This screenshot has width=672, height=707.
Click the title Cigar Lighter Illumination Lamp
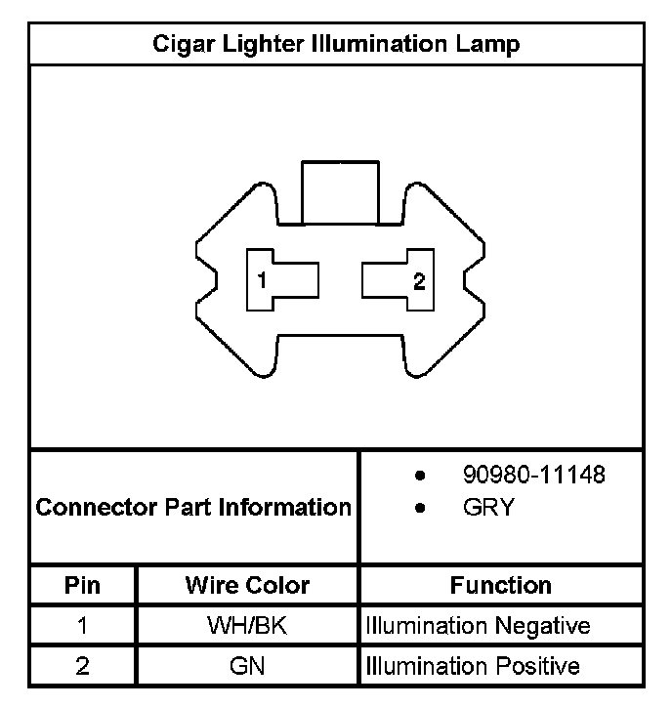(336, 44)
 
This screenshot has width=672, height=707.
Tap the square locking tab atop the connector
(338, 193)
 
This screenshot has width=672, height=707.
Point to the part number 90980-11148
(533, 476)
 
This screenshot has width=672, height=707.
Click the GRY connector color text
(488, 508)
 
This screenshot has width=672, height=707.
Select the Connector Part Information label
(193, 508)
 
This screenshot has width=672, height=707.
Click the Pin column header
(83, 586)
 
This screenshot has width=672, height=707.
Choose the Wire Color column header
(247, 586)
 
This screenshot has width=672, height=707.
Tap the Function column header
(501, 586)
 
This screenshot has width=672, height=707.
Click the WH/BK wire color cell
(247, 626)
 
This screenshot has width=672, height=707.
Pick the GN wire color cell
(247, 667)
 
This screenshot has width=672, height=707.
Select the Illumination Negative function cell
(478, 626)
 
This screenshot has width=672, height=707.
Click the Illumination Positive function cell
(473, 667)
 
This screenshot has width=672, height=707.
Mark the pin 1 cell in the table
(83, 626)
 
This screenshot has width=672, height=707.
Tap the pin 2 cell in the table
(83, 667)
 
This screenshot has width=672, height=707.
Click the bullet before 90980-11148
(420, 477)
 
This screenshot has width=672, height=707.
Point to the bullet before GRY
(420, 509)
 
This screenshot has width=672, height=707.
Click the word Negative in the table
(542, 626)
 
